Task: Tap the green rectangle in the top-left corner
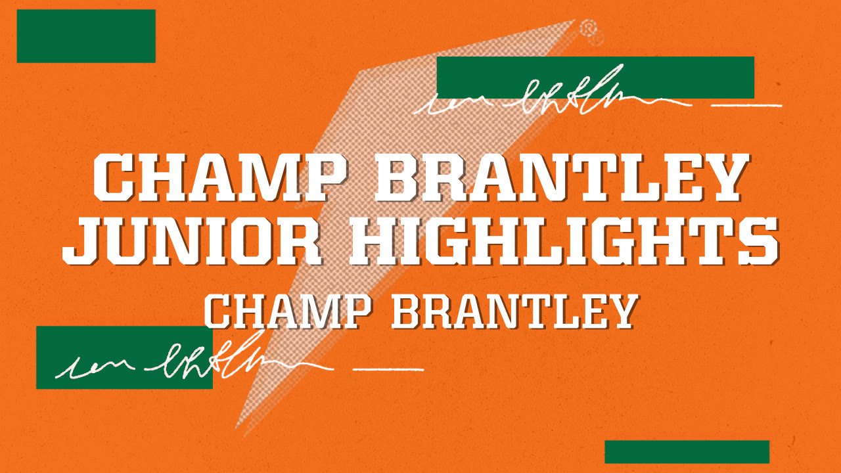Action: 86,36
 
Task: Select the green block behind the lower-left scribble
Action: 124,357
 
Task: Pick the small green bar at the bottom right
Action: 687,452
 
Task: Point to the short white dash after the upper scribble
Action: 747,104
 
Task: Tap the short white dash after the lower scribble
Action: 388,368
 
